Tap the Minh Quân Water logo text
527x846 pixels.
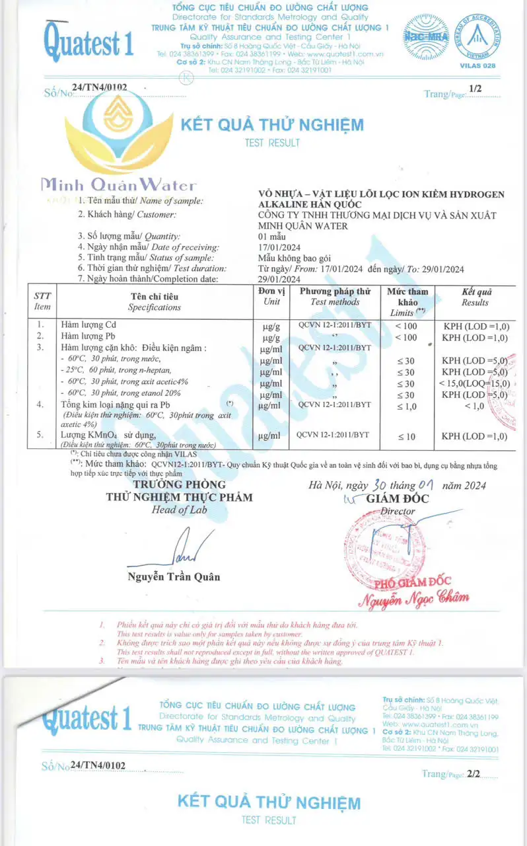click(119, 185)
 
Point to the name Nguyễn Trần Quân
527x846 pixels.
click(174, 576)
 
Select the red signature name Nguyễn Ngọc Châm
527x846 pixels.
click(413, 598)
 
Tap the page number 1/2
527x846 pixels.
click(475, 88)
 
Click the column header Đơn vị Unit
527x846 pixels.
click(271, 297)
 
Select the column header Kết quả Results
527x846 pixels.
click(475, 297)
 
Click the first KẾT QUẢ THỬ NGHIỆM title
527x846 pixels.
click(272, 124)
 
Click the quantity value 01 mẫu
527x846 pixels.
click(271, 236)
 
